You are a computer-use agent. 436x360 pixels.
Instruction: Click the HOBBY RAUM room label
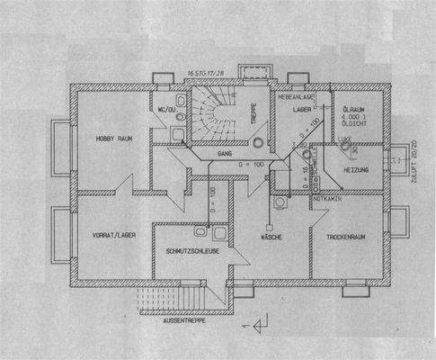click(116, 139)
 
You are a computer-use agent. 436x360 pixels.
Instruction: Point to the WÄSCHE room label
click(274, 236)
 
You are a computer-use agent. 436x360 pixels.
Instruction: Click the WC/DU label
click(165, 110)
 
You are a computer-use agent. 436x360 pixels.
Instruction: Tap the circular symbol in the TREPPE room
click(259, 140)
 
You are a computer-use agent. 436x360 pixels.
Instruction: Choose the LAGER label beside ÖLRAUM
click(302, 108)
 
